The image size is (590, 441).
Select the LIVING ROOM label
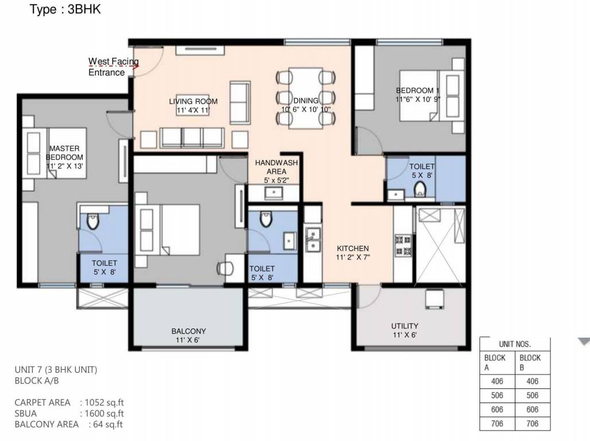(x=193, y=106)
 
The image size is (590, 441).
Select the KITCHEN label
(x=353, y=253)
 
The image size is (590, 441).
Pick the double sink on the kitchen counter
(x=312, y=239)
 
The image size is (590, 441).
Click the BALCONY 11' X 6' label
(x=189, y=335)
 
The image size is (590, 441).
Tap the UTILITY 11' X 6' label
(x=405, y=330)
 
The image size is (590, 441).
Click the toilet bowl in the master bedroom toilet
(x=93, y=220)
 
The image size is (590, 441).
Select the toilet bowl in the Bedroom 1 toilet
(x=420, y=188)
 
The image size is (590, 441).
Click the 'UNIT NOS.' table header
(x=514, y=345)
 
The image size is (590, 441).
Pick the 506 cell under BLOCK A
(x=497, y=396)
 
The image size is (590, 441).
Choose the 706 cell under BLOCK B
(x=533, y=424)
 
